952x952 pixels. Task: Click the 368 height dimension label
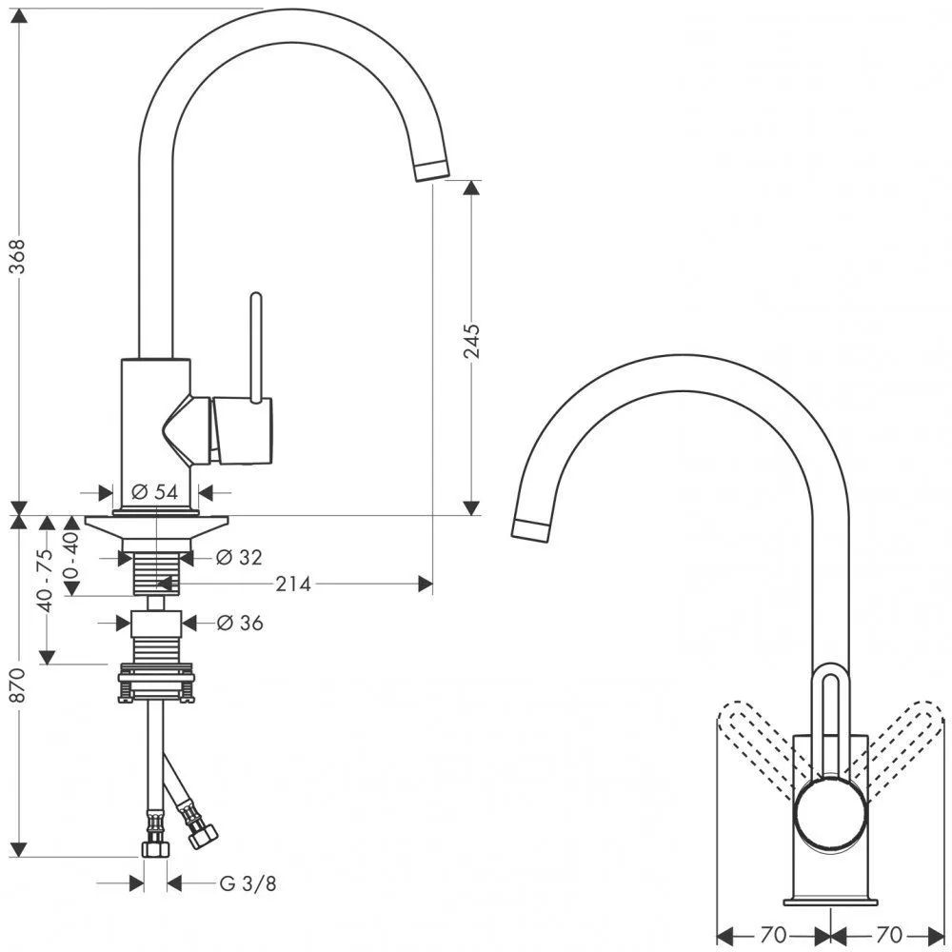click(x=18, y=255)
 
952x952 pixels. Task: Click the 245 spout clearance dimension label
click(x=471, y=341)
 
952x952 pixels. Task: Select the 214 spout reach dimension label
click(x=293, y=585)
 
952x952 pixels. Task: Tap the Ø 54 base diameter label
click(x=155, y=492)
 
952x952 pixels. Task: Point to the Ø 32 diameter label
click(x=239, y=557)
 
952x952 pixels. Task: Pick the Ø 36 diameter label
click(x=240, y=623)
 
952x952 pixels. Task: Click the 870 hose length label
click(x=18, y=685)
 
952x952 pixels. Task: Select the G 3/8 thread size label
click(x=248, y=883)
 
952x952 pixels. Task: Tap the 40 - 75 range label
click(x=45, y=580)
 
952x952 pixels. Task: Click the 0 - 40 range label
click(x=71, y=554)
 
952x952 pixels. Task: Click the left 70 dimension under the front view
click(x=772, y=934)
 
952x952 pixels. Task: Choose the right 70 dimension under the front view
click(x=889, y=934)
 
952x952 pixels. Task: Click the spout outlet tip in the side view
click(x=432, y=170)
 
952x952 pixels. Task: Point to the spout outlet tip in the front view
click(x=531, y=530)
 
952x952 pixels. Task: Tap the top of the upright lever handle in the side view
click(x=256, y=297)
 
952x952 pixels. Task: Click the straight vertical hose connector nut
click(x=155, y=849)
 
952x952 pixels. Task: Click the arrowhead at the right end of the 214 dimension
click(x=426, y=585)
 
